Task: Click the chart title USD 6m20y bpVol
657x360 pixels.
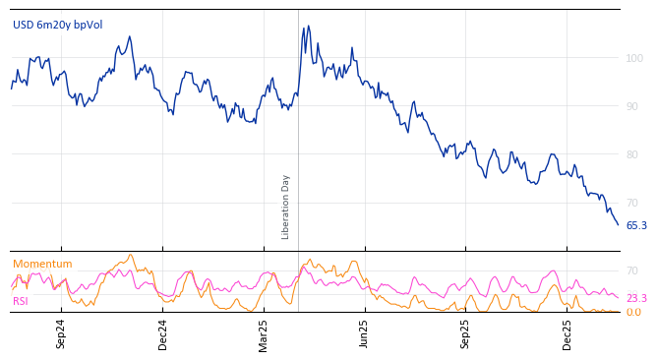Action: click(57, 25)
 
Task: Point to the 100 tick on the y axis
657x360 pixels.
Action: click(634, 58)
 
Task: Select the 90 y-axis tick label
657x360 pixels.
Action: click(634, 106)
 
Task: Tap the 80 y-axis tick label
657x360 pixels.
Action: click(634, 154)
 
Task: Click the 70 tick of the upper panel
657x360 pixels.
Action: click(634, 203)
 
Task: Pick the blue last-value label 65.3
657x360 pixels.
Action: click(636, 226)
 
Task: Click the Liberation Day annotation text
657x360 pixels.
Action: click(286, 207)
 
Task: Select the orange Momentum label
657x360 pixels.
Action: click(42, 265)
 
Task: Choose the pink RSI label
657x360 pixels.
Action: click(21, 301)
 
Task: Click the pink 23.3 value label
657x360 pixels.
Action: click(636, 299)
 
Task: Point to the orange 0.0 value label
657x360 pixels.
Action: click(633, 313)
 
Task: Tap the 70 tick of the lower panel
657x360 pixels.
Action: click(632, 270)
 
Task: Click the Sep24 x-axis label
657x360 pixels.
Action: click(61, 333)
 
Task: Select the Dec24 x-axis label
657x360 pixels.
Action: click(163, 333)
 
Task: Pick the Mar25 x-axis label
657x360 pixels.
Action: click(264, 333)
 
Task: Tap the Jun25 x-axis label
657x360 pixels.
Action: click(364, 333)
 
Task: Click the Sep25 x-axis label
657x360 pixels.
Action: click(465, 333)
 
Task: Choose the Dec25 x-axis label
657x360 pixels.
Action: click(567, 333)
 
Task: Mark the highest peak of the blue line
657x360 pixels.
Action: click(308, 27)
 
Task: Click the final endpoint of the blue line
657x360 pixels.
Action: click(619, 225)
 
